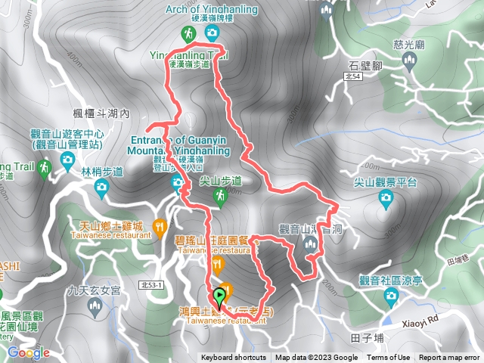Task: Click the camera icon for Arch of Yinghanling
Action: pos(211,33)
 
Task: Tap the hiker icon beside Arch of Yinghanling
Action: pos(188,33)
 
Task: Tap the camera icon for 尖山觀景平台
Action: pos(386,198)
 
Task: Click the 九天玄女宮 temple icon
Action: pos(94,306)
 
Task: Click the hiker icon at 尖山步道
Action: pos(220,197)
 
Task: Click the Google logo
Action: pos(28,352)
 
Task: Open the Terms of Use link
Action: pos(389,358)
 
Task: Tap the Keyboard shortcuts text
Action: pos(233,358)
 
